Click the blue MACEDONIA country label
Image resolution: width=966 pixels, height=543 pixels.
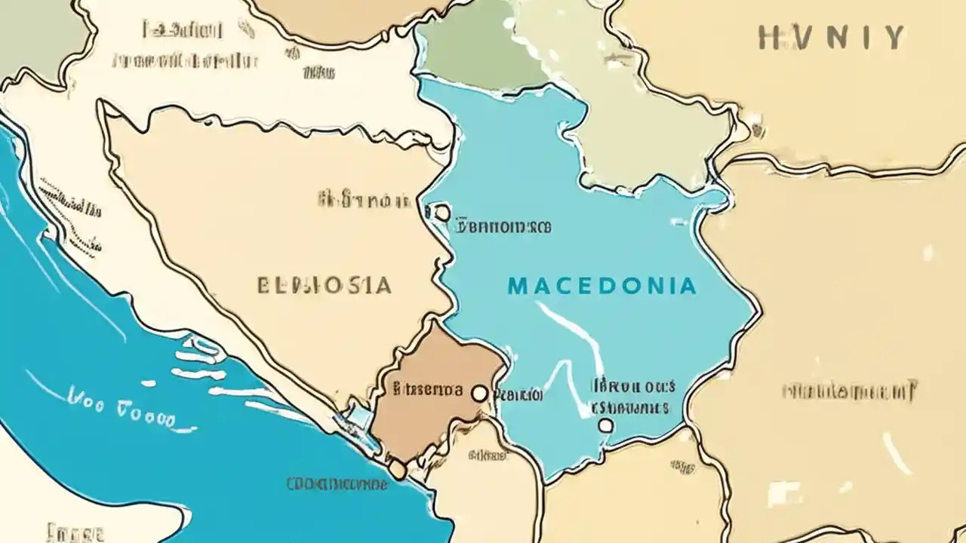click(601, 286)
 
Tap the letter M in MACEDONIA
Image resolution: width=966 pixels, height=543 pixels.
click(517, 287)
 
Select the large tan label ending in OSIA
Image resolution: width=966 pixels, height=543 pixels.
click(325, 286)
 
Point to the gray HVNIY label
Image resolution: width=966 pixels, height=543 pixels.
click(830, 37)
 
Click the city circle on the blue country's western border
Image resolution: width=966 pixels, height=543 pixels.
click(442, 213)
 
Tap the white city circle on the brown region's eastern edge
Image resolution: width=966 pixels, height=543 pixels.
click(478, 393)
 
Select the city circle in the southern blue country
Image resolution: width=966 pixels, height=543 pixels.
click(605, 425)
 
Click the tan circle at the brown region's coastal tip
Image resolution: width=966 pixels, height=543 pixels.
click(398, 470)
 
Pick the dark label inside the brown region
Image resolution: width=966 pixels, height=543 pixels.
click(428, 390)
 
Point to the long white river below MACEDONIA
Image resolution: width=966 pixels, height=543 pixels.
click(574, 332)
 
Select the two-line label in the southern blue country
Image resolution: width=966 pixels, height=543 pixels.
click(632, 397)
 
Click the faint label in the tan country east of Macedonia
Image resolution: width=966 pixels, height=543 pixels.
click(848, 391)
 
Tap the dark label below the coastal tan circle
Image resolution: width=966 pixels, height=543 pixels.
click(337, 483)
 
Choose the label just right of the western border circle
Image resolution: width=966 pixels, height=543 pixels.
click(504, 225)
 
